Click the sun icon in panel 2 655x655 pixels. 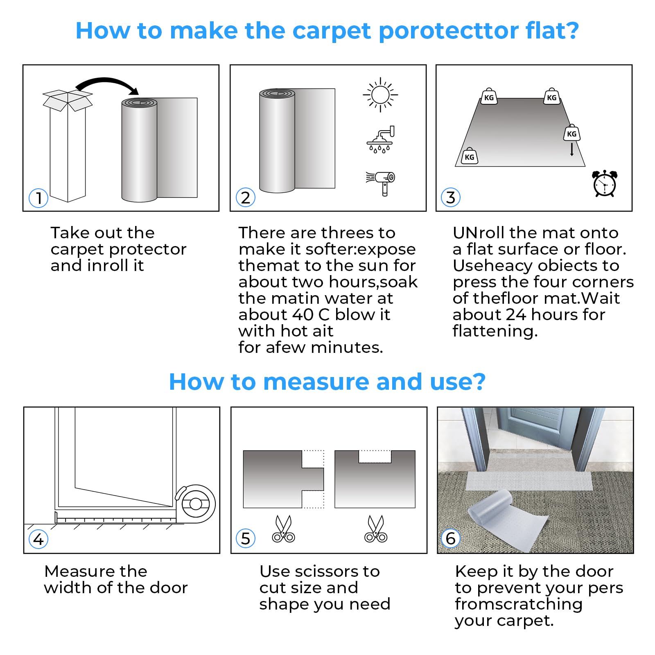coord(380,95)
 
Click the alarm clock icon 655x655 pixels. coord(604,184)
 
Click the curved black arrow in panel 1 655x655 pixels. coord(107,84)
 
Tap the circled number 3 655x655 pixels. coord(451,198)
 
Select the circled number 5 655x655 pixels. coord(246,538)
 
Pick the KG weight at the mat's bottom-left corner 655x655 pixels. coord(470,156)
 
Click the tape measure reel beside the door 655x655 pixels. coord(196,504)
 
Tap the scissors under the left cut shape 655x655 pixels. coord(283,529)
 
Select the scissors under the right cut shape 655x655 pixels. coord(376,529)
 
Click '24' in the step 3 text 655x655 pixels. coord(516,314)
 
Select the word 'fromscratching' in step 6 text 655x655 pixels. coord(518,604)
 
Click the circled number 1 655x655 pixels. coord(38,198)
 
